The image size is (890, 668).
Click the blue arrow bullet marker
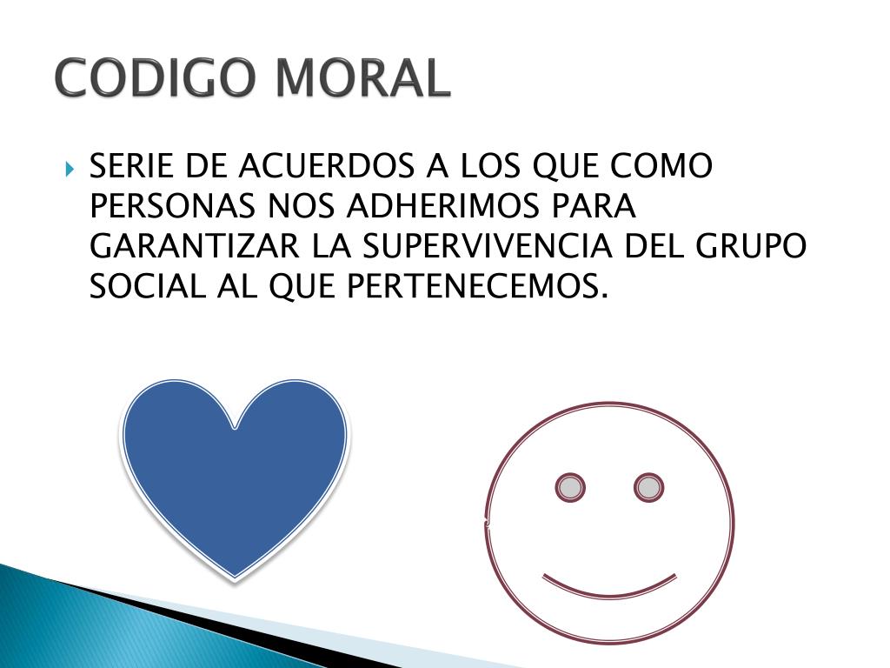70,166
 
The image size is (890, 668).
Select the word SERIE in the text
131,166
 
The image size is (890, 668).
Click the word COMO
663,166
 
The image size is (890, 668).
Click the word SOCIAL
145,286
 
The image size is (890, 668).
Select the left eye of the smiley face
570,487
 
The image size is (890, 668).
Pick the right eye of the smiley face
648,487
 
